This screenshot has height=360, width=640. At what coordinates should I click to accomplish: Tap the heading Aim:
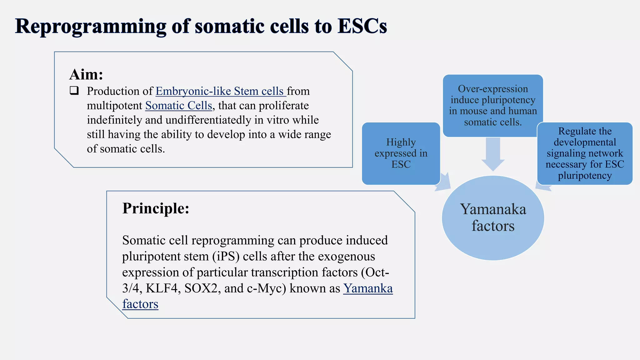86,74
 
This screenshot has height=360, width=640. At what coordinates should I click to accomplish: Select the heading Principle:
156,208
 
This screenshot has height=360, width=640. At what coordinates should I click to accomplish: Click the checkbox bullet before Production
74,91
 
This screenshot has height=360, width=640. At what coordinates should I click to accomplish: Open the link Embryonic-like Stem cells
220,91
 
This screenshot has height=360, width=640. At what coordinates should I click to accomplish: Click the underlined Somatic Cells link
178,106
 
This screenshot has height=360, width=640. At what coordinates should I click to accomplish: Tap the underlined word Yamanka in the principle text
368,288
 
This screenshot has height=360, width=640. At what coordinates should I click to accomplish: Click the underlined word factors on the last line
140,304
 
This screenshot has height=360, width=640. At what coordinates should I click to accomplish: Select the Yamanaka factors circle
493,218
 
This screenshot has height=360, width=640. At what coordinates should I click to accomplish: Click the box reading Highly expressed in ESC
401,153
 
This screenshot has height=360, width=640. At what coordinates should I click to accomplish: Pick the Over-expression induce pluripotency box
493,106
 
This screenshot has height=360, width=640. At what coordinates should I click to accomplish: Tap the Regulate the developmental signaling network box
585,153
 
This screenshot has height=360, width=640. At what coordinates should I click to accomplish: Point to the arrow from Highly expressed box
444,183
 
